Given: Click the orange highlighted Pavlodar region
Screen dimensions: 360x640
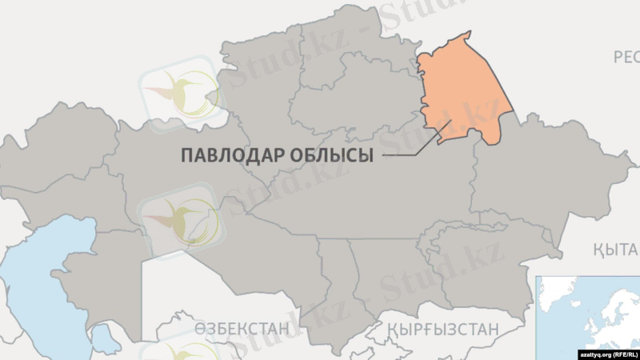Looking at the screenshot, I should pos(464,88).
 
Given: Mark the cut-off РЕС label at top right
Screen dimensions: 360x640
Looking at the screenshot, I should pos(626,57).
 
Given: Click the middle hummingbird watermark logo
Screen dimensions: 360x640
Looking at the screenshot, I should pos(180,220).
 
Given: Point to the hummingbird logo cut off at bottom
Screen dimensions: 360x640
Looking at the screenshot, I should pos(180,352).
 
